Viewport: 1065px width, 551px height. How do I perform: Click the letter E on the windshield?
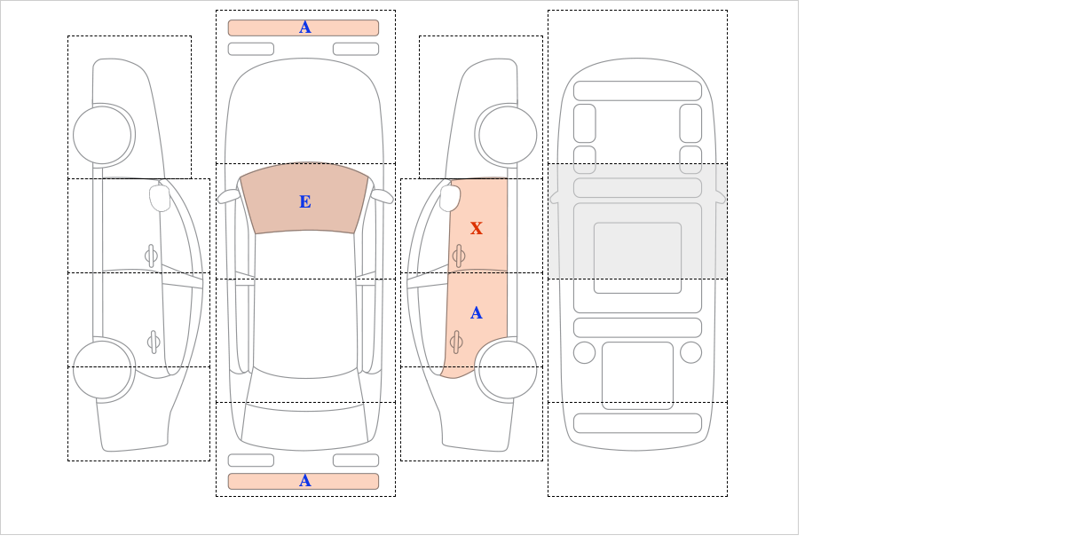pos(305,202)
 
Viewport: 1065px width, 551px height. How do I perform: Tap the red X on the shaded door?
pos(477,228)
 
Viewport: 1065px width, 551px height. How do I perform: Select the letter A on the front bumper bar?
pos(305,28)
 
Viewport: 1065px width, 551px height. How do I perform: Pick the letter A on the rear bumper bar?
pos(305,481)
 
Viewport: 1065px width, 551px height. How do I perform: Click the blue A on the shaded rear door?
pos(477,313)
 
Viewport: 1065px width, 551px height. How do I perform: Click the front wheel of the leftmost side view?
pos(102,135)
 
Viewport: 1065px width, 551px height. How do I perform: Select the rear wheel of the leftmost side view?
pos(102,369)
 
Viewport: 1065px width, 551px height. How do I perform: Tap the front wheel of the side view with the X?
pos(508,135)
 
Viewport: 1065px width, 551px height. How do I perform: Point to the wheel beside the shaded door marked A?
pos(508,369)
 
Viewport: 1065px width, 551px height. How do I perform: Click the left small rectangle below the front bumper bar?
pos(251,49)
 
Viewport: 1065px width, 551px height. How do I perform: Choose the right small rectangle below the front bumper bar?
pos(356,49)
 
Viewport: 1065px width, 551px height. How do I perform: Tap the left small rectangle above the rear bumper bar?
pos(251,460)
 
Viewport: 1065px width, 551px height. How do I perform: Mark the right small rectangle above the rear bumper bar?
pos(356,460)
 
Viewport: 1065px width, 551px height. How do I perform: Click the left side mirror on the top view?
pos(228,196)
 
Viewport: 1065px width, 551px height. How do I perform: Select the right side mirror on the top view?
pos(382,196)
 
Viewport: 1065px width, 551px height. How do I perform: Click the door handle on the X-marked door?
pos(459,256)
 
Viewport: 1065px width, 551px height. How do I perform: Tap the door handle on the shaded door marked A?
pos(456,342)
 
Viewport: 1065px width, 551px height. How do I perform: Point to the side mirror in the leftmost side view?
pos(160,198)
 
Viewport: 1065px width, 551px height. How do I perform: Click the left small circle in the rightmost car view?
pos(584,353)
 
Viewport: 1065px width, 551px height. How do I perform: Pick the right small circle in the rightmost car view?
pos(690,353)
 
